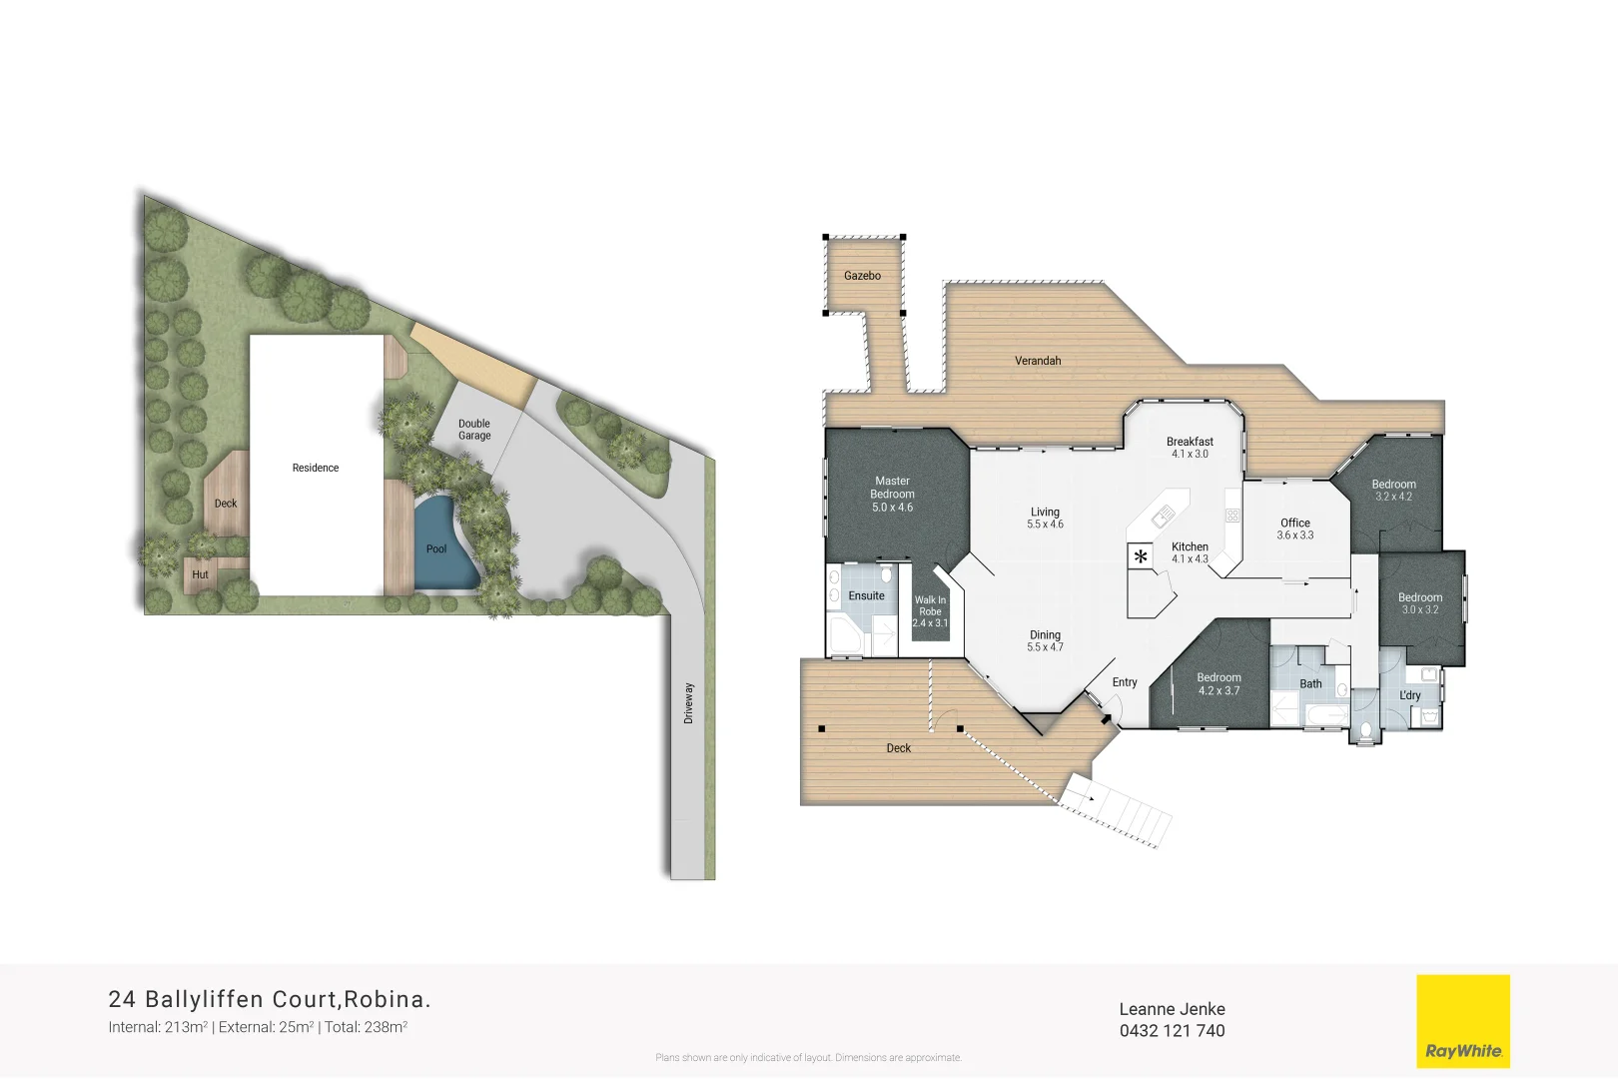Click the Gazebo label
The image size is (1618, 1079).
point(862,276)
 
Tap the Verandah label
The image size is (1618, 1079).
point(1038,361)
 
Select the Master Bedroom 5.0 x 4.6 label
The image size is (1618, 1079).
point(892,495)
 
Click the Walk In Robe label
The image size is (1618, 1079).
point(930,611)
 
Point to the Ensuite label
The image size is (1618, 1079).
point(866,596)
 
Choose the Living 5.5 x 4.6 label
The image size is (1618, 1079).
point(1045,518)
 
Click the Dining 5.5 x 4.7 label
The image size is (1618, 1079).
point(1045,640)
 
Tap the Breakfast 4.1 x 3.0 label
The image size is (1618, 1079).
point(1190,448)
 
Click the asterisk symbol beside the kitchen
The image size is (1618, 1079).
point(1141,556)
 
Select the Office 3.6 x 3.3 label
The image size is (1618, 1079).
point(1295,529)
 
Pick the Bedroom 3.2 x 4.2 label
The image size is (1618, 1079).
point(1393,490)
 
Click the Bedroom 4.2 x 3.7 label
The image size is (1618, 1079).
point(1218,683)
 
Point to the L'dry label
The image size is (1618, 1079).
point(1409,695)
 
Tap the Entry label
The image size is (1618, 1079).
point(1125,682)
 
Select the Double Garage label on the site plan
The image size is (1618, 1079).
point(474,430)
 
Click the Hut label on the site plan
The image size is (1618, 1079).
point(200,575)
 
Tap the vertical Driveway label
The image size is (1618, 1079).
point(688,703)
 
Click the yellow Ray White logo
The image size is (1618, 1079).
point(1463,1022)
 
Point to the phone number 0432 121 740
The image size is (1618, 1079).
point(1172,1031)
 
